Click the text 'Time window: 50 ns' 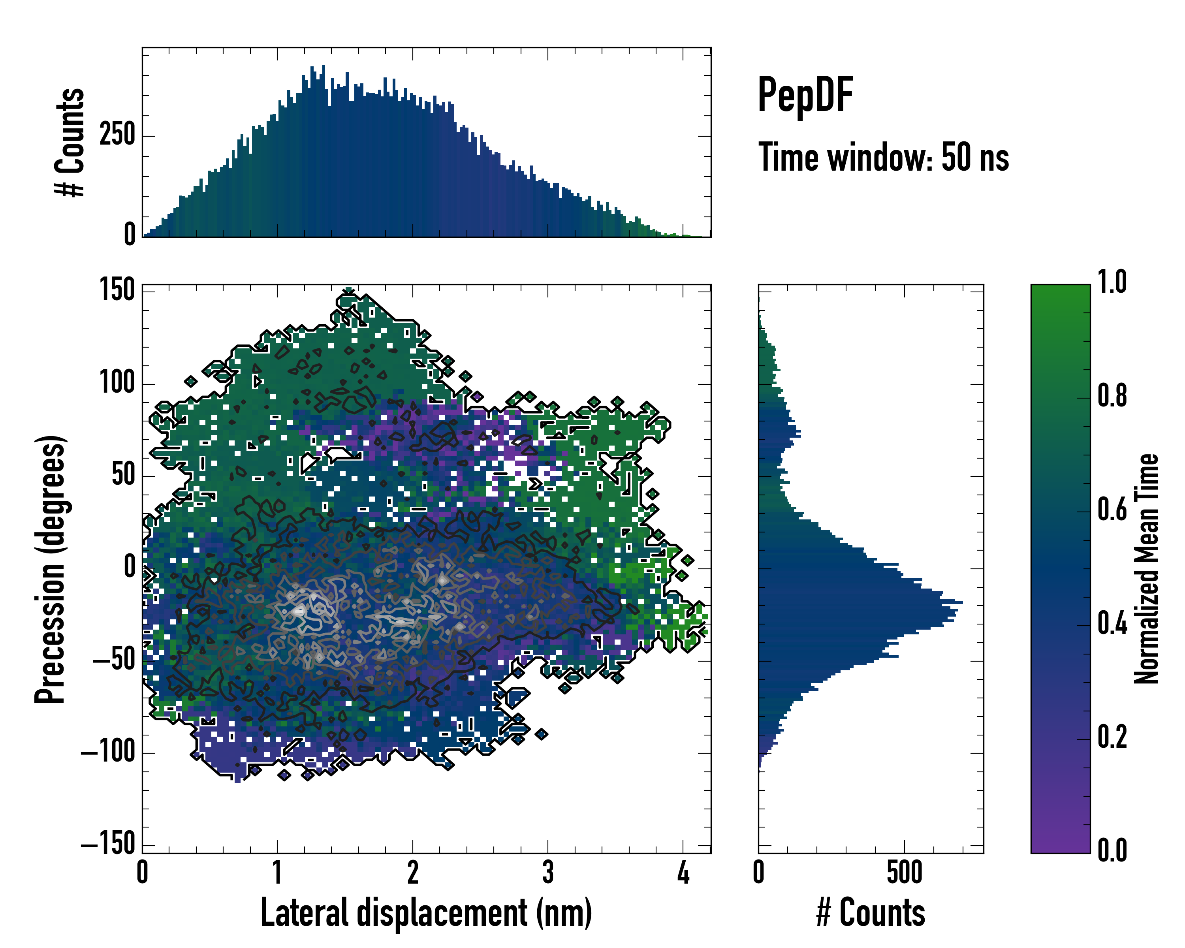point(883,158)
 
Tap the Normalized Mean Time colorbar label point(1147,569)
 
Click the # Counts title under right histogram point(871,912)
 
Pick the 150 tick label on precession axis point(117,290)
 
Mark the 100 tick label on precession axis point(117,382)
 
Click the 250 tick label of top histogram point(117,135)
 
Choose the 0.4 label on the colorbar point(1112,624)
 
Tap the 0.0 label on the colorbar point(1112,851)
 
